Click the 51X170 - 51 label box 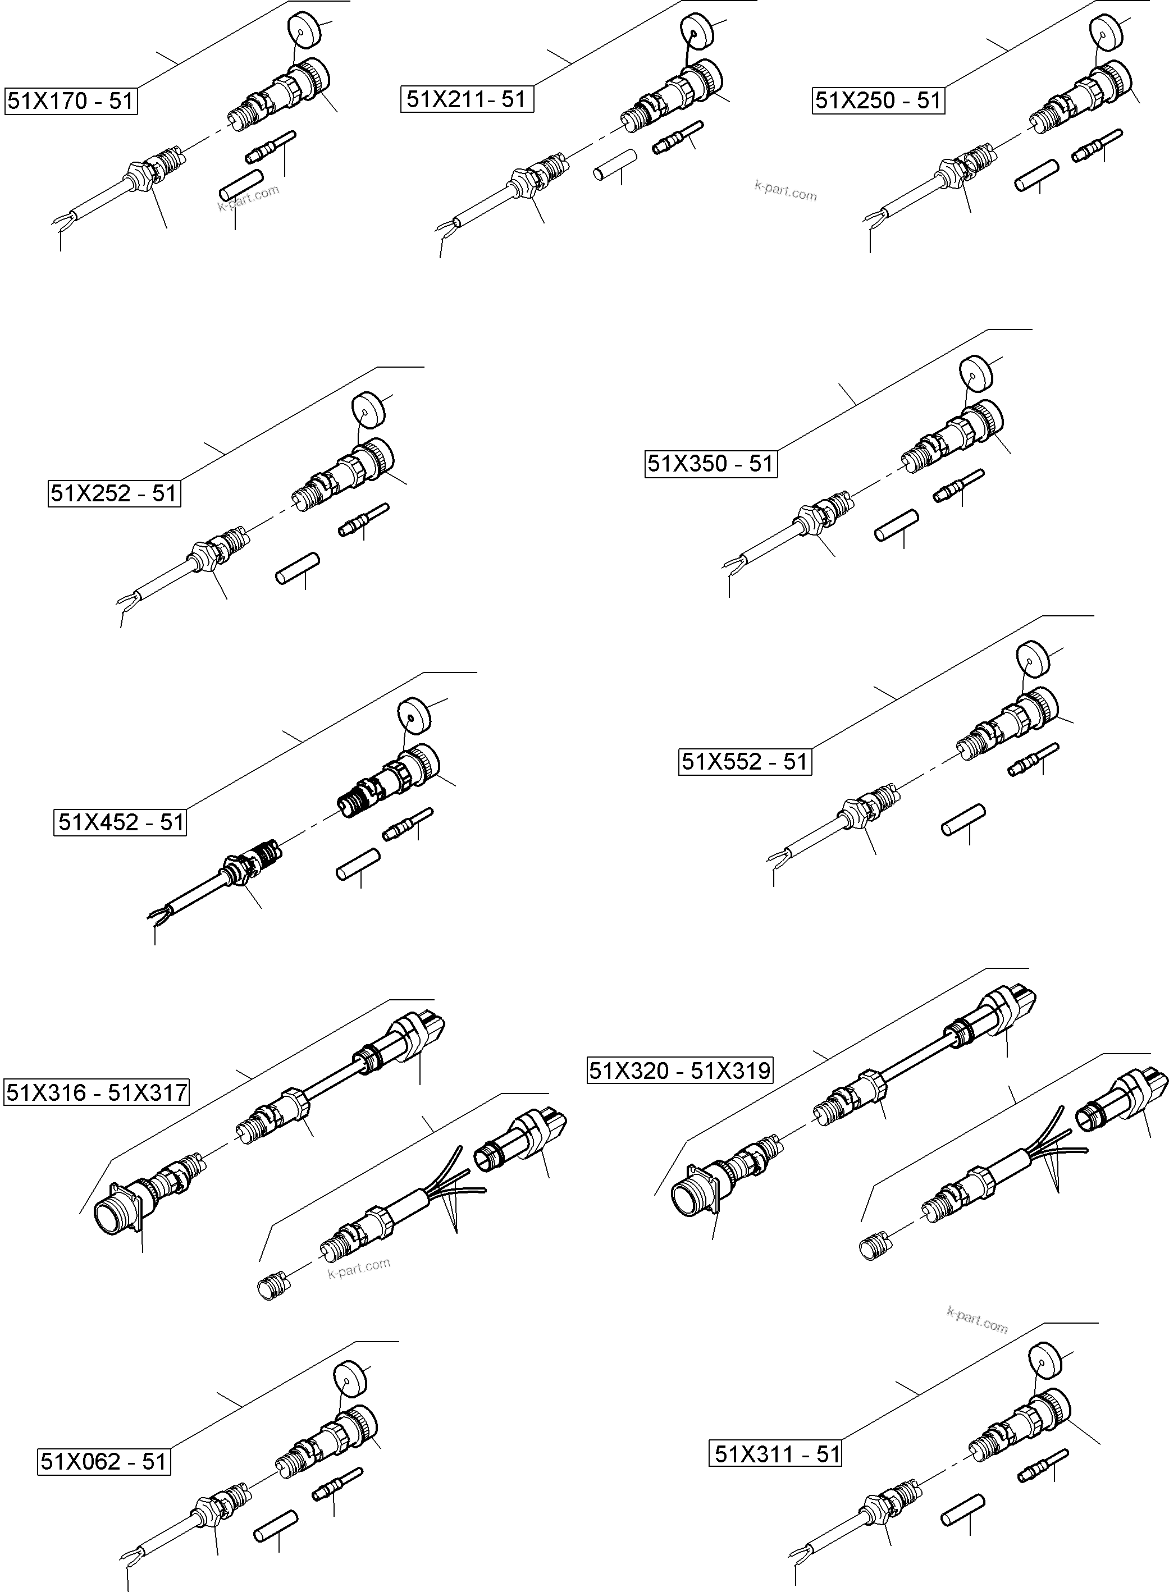pyautogui.click(x=71, y=101)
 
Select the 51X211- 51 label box pyautogui.click(x=467, y=99)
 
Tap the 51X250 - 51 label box pyautogui.click(x=878, y=100)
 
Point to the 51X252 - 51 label pyautogui.click(x=114, y=493)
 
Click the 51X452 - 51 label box pyautogui.click(x=120, y=822)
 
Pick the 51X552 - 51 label pyautogui.click(x=745, y=762)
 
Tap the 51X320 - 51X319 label pyautogui.click(x=680, y=1071)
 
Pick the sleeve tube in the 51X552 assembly pyautogui.click(x=963, y=818)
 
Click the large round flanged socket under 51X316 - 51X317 pyautogui.click(x=118, y=1214)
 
